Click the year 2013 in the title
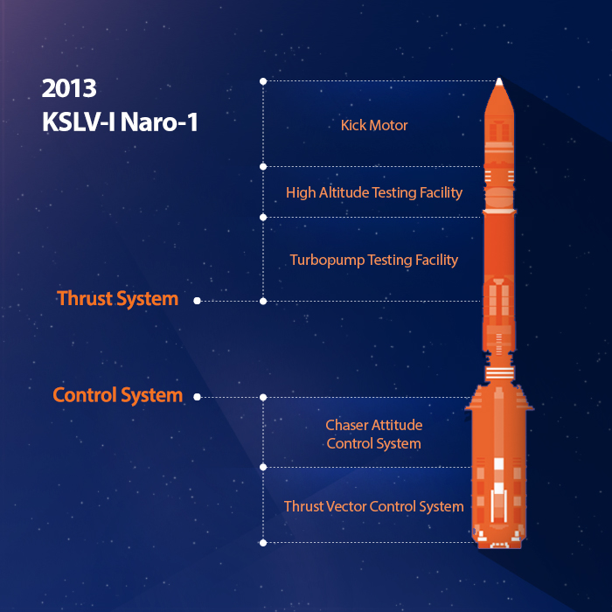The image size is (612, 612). (x=69, y=88)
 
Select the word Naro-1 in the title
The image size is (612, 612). (x=159, y=122)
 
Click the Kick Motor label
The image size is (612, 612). (x=374, y=125)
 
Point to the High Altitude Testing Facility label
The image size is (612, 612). (x=374, y=193)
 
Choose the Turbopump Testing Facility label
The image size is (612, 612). (x=374, y=261)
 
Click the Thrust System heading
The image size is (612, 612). (x=117, y=299)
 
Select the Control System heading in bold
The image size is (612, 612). (x=117, y=395)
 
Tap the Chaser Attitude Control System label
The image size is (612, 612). (x=374, y=435)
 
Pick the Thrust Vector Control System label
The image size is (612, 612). (x=374, y=506)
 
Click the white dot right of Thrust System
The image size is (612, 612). (x=197, y=301)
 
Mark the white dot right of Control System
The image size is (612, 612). (x=197, y=397)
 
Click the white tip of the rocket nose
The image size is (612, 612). (x=499, y=81)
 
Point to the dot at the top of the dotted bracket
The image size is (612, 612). (x=263, y=81)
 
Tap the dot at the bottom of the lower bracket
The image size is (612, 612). (x=263, y=543)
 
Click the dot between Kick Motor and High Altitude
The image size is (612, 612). (x=263, y=167)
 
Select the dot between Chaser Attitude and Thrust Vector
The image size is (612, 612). (x=263, y=467)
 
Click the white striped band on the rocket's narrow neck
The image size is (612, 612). (x=499, y=373)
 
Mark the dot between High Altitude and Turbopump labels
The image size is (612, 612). (x=263, y=218)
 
